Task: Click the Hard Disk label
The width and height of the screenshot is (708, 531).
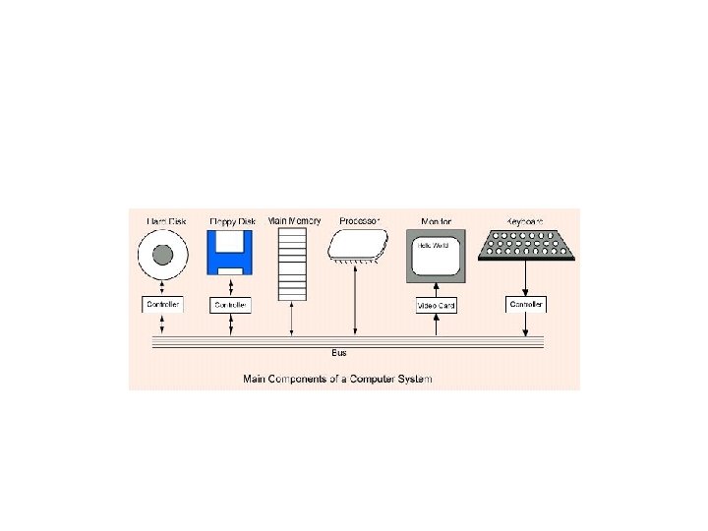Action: [x=163, y=222]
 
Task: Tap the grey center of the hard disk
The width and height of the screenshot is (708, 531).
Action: [x=163, y=257]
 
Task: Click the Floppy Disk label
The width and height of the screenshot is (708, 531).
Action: [x=231, y=222]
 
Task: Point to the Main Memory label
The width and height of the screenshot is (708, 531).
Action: [x=293, y=220]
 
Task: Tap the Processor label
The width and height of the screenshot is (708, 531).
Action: [x=357, y=220]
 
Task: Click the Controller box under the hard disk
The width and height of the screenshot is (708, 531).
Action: [x=163, y=305]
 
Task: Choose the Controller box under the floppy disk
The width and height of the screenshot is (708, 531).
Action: [x=231, y=305]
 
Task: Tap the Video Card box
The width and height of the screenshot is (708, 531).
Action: [x=436, y=305]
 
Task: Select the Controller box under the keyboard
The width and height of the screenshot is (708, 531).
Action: [x=525, y=305]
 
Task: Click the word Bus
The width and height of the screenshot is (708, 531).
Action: [x=339, y=352]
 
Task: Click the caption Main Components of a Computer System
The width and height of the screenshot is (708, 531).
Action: [x=338, y=378]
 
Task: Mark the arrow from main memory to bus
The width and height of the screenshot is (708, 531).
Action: [x=292, y=319]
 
